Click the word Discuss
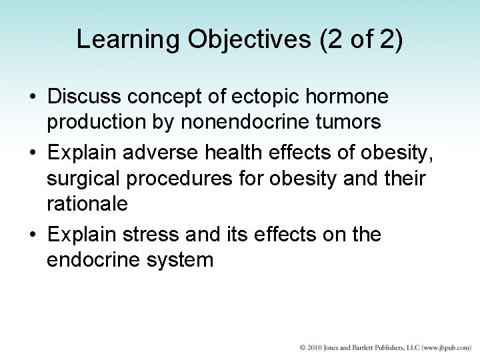pos(88,98)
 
